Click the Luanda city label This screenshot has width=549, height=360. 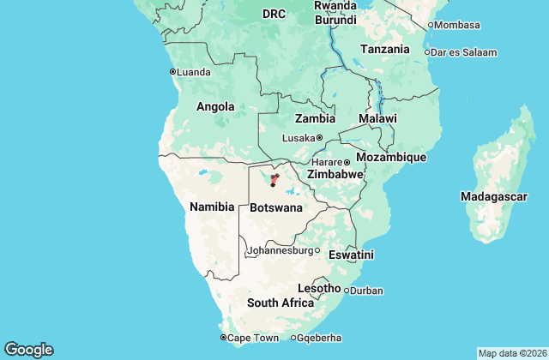194,72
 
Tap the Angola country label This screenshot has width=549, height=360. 215,107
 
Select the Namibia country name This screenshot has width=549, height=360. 212,207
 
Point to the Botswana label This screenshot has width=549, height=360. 276,208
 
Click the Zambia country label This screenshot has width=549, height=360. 315,119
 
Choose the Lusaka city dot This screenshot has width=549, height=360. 319,138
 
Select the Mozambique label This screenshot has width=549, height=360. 390,158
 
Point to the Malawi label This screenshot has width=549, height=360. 377,118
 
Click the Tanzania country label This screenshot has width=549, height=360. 385,50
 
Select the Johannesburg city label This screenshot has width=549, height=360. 281,251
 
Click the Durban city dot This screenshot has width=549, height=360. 347,291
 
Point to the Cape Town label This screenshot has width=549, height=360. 253,338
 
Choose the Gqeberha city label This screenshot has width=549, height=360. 321,338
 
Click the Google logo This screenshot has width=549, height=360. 28,350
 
